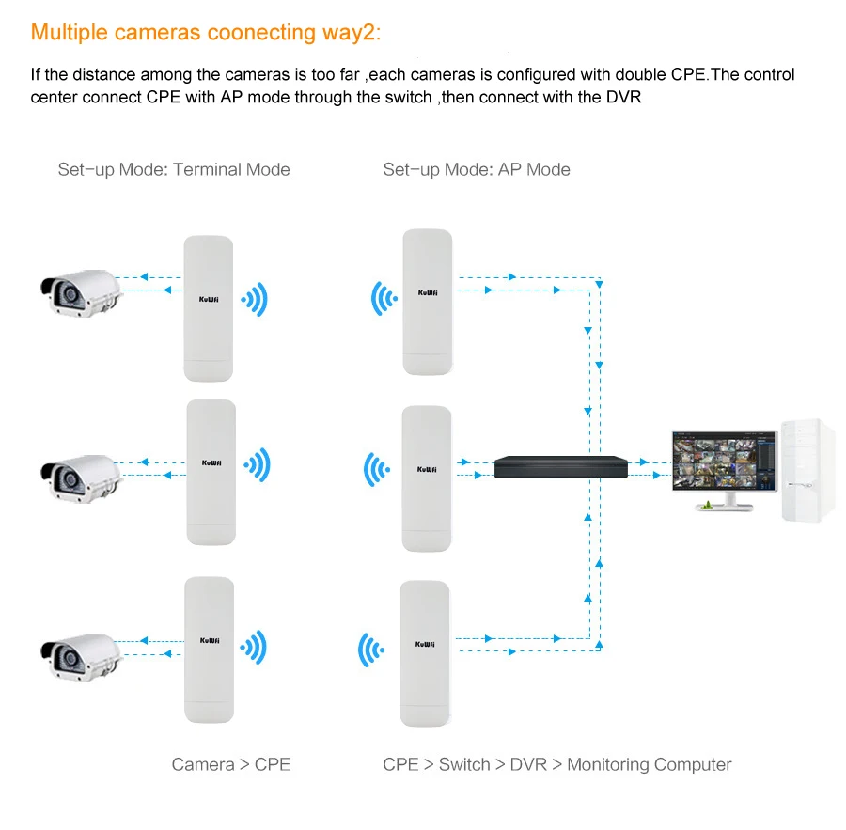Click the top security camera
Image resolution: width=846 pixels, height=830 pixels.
[81, 293]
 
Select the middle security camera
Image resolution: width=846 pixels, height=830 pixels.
[81, 478]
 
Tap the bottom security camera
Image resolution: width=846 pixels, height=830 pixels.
[81, 658]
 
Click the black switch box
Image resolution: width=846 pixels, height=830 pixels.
[561, 467]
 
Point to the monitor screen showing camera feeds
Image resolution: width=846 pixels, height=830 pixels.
[725, 461]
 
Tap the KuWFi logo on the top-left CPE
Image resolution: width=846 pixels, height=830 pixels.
[209, 300]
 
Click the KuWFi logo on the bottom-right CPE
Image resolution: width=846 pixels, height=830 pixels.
[425, 644]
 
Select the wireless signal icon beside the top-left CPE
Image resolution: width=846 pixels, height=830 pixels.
[254, 299]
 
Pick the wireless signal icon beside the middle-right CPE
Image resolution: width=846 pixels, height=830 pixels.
[377, 469]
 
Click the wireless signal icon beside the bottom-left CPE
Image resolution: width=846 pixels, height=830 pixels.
[253, 647]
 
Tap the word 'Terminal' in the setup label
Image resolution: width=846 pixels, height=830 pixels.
[207, 169]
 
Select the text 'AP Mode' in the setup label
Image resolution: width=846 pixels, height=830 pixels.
[534, 169]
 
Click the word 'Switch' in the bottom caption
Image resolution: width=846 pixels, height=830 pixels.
[464, 764]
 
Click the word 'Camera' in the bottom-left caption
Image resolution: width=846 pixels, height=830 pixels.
[203, 764]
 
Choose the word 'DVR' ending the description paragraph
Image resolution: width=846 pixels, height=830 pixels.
[624, 97]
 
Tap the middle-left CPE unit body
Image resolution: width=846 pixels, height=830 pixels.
[211, 472]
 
